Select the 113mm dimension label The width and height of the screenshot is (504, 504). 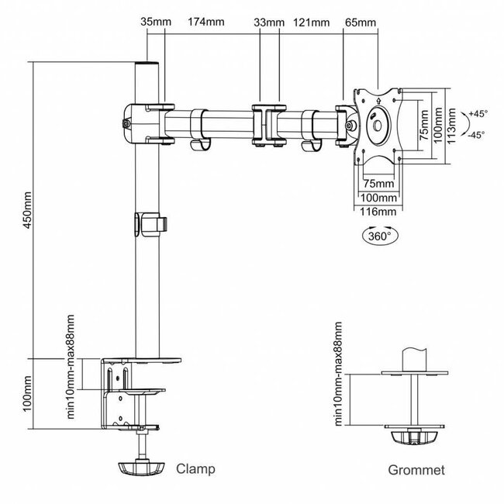(457, 126)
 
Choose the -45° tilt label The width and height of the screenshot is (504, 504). (475, 134)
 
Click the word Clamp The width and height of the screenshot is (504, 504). (195, 469)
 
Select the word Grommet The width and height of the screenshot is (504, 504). (417, 470)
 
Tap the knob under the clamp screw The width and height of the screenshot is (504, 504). (142, 470)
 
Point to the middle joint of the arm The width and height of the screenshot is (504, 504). (267, 123)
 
